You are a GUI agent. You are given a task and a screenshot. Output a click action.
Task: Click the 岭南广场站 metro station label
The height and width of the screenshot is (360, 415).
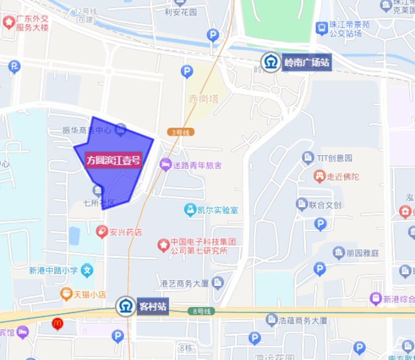click(307, 63)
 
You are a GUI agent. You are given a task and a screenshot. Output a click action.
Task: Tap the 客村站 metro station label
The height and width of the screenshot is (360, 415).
click(152, 305)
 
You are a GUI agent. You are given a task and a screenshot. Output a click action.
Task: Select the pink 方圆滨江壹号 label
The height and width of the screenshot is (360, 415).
click(114, 161)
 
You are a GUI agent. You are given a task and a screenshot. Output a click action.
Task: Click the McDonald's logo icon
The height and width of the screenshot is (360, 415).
click(58, 324)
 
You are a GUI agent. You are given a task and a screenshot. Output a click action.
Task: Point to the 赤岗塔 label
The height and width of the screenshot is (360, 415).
click(203, 98)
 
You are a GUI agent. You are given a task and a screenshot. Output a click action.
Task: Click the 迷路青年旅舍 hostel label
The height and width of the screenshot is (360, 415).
click(197, 165)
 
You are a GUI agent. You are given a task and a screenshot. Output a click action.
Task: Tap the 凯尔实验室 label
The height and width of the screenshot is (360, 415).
click(217, 210)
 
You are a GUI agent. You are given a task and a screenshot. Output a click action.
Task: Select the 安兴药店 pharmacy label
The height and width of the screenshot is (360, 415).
click(125, 232)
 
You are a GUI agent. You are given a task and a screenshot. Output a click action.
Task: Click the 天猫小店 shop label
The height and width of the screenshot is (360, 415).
click(90, 294)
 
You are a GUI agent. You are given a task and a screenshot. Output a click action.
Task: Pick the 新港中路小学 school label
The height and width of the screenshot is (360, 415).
click(54, 270)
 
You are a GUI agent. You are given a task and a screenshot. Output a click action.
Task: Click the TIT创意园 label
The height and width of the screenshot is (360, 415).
click(334, 158)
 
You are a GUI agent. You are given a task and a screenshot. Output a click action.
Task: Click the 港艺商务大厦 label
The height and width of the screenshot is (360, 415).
click(184, 283)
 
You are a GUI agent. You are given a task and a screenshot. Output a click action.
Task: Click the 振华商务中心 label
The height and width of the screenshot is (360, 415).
click(87, 130)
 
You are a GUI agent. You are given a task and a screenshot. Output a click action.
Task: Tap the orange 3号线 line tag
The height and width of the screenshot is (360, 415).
click(180, 132)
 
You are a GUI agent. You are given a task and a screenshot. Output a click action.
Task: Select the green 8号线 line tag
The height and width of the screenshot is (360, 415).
click(202, 311)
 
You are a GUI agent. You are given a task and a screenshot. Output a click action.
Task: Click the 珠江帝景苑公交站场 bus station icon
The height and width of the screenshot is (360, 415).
click(321, 28)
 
